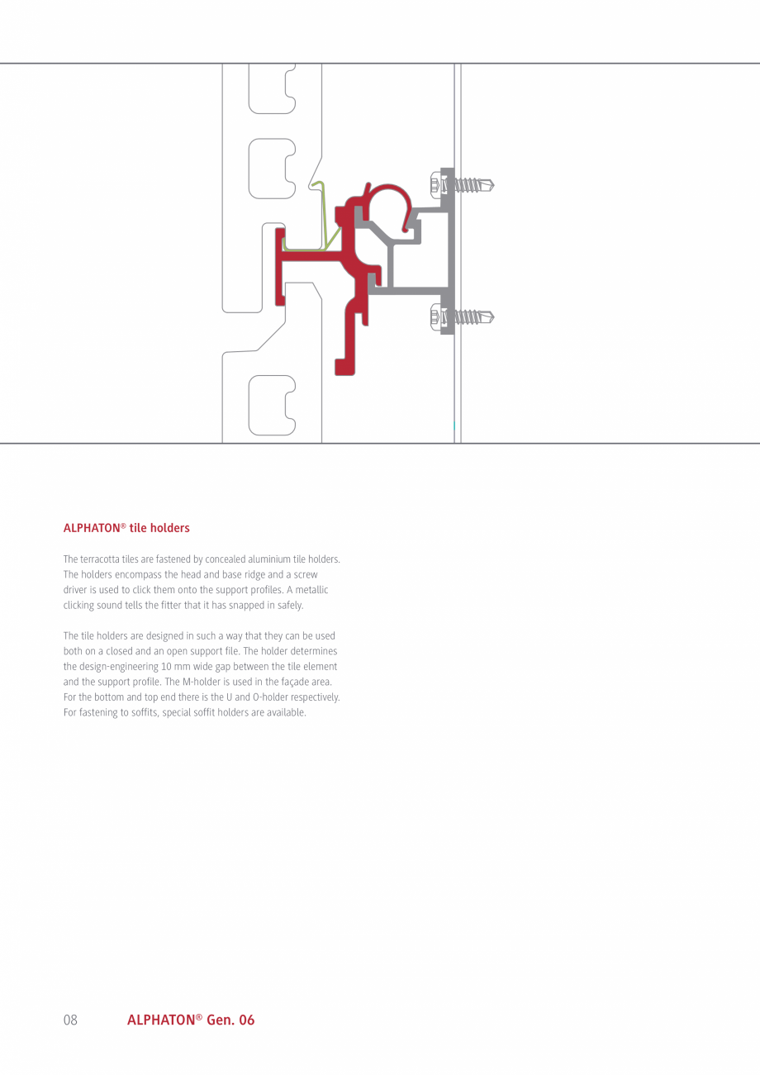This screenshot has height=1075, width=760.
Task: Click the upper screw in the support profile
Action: point(468,184)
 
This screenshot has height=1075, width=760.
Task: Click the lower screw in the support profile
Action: point(468,316)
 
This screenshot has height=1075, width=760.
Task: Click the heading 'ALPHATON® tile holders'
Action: point(126,528)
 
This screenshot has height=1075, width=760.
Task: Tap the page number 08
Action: point(70,1020)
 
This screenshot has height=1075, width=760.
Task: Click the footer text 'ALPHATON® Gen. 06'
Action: point(191,1020)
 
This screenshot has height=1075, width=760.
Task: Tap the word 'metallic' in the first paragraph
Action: point(311,590)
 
